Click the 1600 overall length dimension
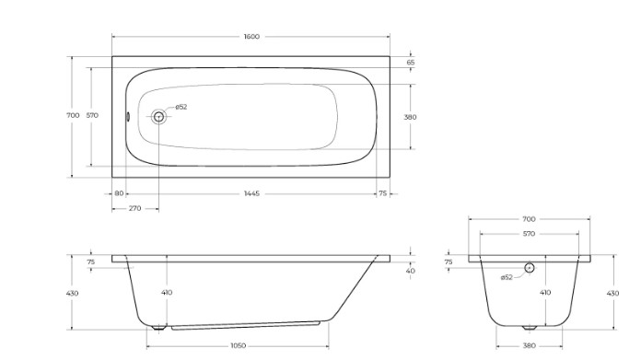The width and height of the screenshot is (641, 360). click(251, 37)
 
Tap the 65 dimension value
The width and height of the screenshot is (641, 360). click(411, 63)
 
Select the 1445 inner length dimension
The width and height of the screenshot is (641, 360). click(251, 193)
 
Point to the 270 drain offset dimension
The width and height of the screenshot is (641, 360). click(134, 208)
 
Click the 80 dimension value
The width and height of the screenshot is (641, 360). click(119, 193)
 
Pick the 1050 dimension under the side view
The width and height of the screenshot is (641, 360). click(239, 345)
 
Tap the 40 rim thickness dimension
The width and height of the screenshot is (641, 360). click(411, 271)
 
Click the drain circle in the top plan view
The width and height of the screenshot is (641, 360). click(158, 117)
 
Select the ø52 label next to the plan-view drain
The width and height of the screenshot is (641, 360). click(181, 107)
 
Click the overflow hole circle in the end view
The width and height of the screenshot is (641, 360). click(530, 268)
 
